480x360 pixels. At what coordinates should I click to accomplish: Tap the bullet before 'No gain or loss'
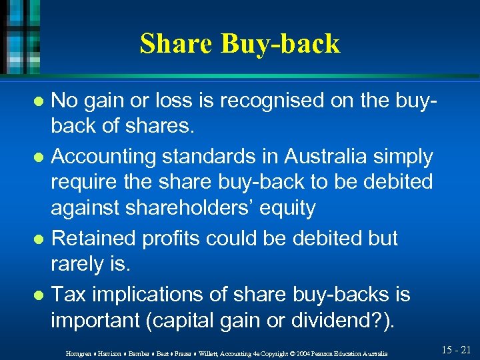pyautogui.click(x=39, y=102)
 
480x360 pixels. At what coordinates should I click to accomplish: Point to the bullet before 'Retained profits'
pyautogui.click(x=39, y=239)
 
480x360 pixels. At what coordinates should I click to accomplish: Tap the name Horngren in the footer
pyautogui.click(x=78, y=352)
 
